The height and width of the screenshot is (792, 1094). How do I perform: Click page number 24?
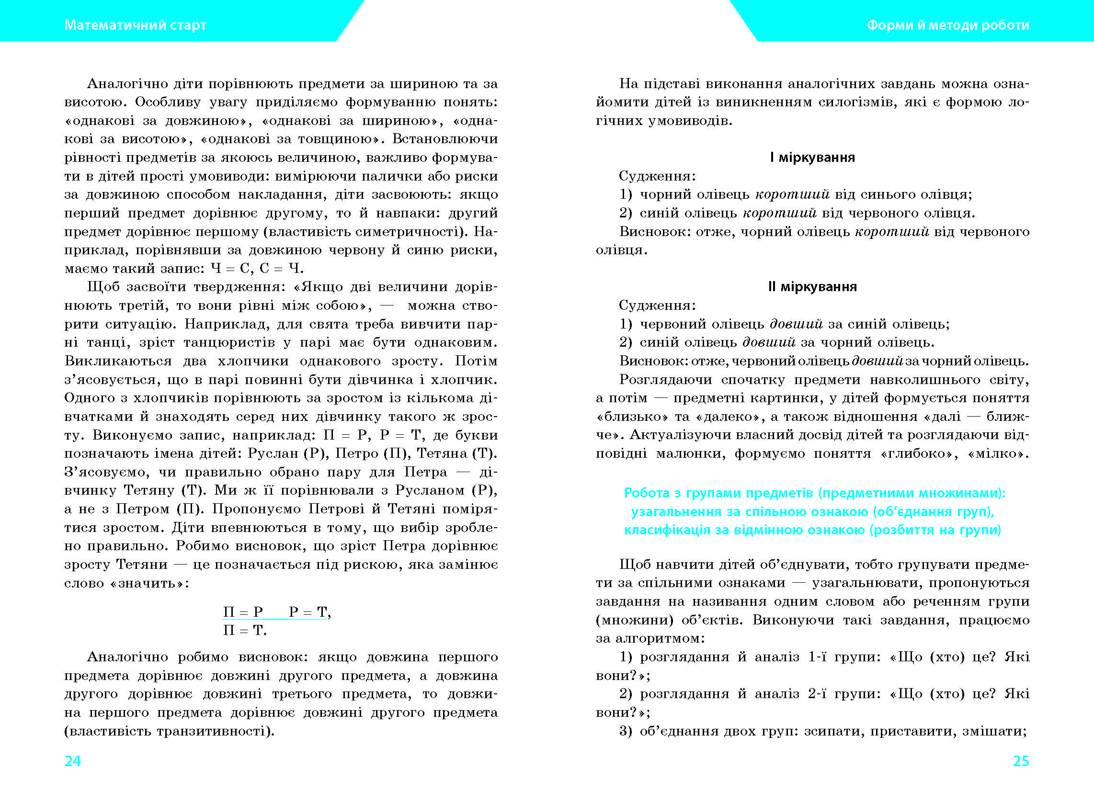point(73,761)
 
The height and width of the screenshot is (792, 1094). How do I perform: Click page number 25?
point(1021,761)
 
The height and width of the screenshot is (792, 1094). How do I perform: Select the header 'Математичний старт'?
point(136,25)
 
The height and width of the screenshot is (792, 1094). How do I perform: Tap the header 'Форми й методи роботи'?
point(948,25)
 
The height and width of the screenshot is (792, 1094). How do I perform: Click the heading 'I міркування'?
point(812,157)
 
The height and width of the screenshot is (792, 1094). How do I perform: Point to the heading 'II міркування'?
point(812,286)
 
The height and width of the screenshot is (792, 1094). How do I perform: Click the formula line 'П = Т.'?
point(245,631)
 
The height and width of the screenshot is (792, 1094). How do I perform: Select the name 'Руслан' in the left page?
point(273,453)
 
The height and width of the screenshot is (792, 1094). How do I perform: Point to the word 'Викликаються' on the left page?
point(118,361)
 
